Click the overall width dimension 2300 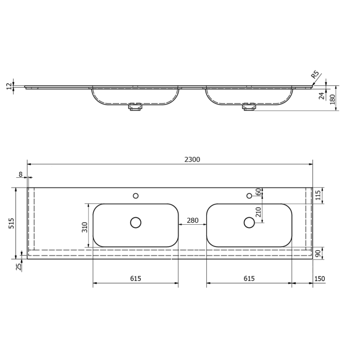[192, 159]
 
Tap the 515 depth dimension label [11, 223]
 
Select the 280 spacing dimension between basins [192, 220]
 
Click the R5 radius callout [316, 75]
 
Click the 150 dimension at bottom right [319, 278]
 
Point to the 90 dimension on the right [319, 253]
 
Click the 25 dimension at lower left [19, 267]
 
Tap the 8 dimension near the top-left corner [20, 175]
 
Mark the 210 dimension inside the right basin [258, 214]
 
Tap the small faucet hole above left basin [136, 196]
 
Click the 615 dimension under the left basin [136, 278]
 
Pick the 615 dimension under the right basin [249, 278]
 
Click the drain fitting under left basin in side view [135, 108]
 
